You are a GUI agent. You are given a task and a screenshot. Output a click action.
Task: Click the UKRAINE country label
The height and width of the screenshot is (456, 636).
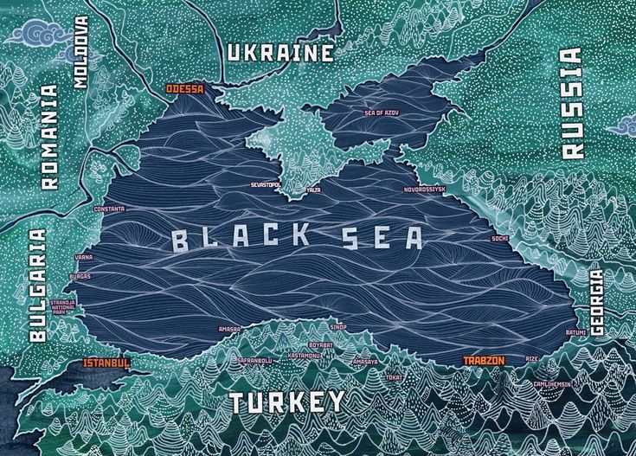pyautogui.click(x=280, y=54)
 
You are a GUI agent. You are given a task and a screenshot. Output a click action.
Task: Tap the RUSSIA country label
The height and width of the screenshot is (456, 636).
pyautogui.click(x=572, y=102)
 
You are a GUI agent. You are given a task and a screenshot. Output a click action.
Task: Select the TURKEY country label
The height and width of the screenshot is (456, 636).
pyautogui.click(x=286, y=402)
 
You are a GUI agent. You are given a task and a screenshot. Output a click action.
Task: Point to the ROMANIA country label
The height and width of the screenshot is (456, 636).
pyautogui.click(x=50, y=137)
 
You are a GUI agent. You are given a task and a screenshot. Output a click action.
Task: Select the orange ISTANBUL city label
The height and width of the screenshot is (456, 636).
pyautogui.click(x=106, y=363)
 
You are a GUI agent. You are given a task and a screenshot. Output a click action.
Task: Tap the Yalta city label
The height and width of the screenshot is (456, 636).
pyautogui.click(x=313, y=189)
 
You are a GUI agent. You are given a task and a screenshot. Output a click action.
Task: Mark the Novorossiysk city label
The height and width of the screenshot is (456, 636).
pyautogui.click(x=424, y=189)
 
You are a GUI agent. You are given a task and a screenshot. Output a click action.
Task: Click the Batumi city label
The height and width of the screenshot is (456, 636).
pyautogui.click(x=575, y=332)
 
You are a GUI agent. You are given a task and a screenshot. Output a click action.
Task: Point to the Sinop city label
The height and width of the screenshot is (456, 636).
pyautogui.click(x=338, y=327)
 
